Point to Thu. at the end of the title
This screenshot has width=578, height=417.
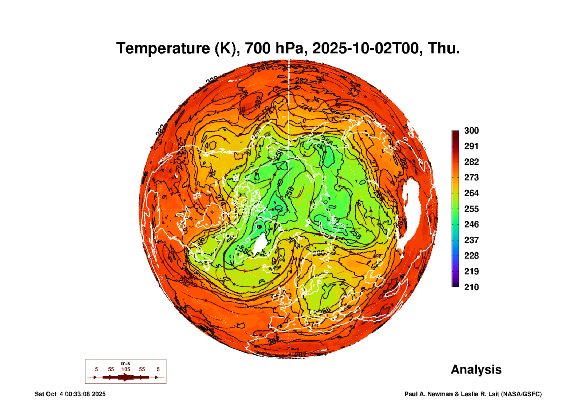(443, 48)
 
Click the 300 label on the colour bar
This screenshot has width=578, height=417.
(471, 131)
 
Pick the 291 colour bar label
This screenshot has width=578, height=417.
(471, 146)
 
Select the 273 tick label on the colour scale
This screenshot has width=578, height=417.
(471, 177)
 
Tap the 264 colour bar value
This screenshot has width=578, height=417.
(471, 193)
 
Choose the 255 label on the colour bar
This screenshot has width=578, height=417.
(471, 209)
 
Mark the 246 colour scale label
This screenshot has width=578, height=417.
(471, 224)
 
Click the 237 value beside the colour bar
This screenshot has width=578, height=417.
(471, 240)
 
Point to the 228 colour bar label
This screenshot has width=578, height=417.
(471, 256)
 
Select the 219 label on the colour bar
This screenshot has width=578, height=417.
(471, 271)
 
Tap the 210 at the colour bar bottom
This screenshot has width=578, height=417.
(471, 287)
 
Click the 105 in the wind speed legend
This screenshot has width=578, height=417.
(126, 369)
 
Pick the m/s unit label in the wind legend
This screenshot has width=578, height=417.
(126, 363)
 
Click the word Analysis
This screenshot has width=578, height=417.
(476, 369)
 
